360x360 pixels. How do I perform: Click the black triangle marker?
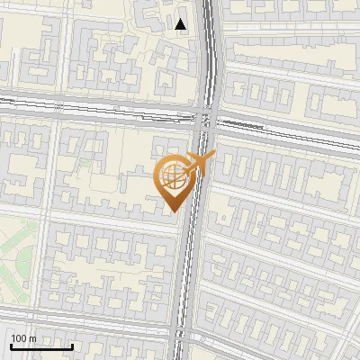tap(182, 24)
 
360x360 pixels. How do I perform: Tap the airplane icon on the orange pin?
tap(197, 163)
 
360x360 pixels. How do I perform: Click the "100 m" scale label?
tap(23, 338)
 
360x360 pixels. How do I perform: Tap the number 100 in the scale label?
tap(19, 338)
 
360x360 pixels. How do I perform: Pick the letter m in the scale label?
tap(32, 338)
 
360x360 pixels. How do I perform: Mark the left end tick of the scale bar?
tap(11, 346)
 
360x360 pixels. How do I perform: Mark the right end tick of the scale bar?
tap(73, 346)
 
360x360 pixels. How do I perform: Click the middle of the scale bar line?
tap(41, 346)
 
